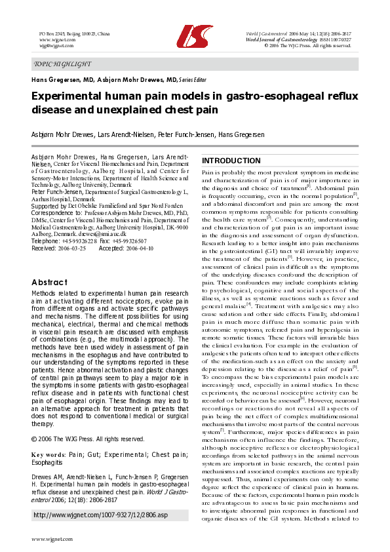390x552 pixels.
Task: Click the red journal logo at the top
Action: [195, 38]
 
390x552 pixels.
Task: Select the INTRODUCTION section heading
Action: [231, 161]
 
